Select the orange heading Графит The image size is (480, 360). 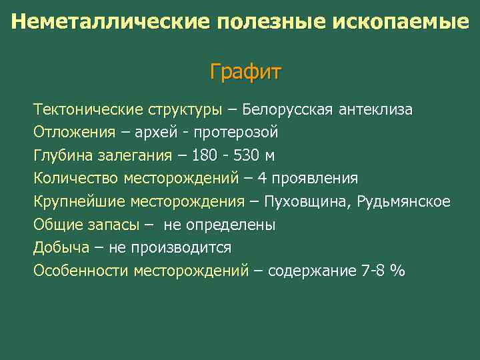coord(245,71)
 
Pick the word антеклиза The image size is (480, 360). coord(375,109)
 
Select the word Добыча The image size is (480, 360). coord(61,248)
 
